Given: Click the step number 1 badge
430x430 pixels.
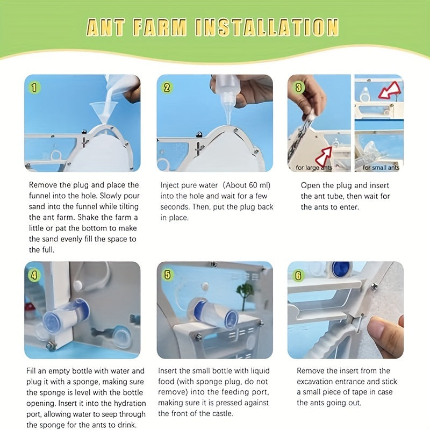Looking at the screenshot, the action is (34, 88).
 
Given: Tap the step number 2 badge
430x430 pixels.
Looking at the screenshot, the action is (167, 88).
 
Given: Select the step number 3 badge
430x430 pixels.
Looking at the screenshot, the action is (299, 88).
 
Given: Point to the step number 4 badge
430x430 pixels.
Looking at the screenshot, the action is (34, 275).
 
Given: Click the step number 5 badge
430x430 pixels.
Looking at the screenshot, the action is (167, 275).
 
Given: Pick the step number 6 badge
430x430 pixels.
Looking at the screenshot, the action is (299, 275).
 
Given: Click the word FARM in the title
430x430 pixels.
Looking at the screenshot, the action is (160, 27).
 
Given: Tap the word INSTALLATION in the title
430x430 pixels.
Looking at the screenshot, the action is (267, 27).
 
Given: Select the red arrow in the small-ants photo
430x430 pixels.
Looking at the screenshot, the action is (389, 90).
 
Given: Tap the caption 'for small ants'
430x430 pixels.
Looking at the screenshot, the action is (381, 167).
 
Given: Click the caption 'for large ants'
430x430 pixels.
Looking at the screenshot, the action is (314, 167).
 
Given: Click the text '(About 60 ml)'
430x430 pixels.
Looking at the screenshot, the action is (246, 185).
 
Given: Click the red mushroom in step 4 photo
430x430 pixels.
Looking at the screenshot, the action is (29, 306).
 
